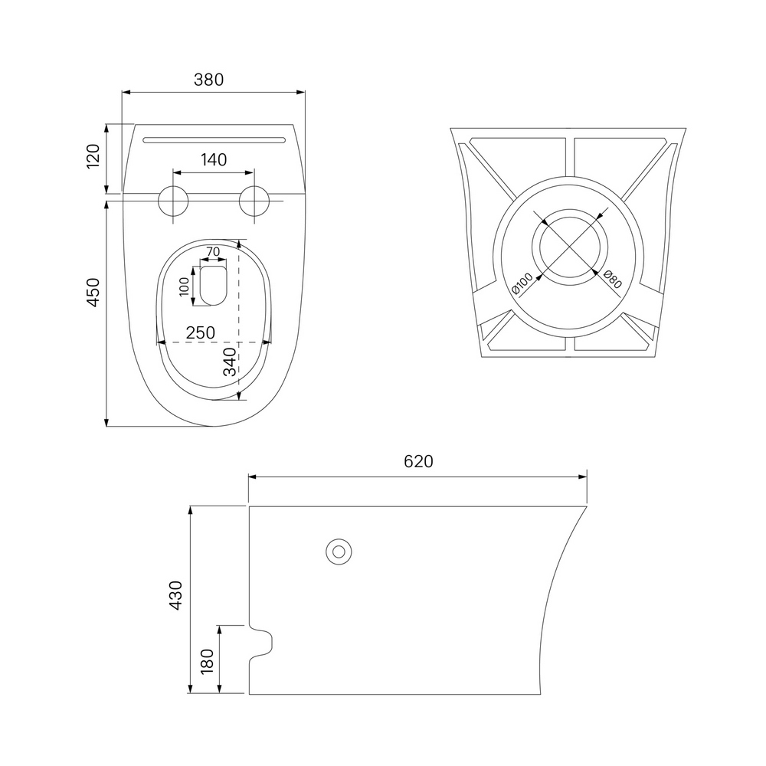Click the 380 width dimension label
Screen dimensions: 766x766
pos(208,79)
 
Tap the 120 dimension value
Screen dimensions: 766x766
pos(93,156)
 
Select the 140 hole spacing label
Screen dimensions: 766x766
pos(214,159)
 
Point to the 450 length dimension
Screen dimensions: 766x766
pos(93,292)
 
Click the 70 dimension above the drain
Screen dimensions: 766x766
pos(213,251)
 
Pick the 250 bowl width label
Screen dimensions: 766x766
pos(200,332)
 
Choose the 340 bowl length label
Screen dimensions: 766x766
pos(230,362)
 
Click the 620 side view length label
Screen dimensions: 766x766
pos(419,461)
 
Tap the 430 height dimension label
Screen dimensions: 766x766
pos(175,595)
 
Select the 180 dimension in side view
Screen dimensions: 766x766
pos(208,660)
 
